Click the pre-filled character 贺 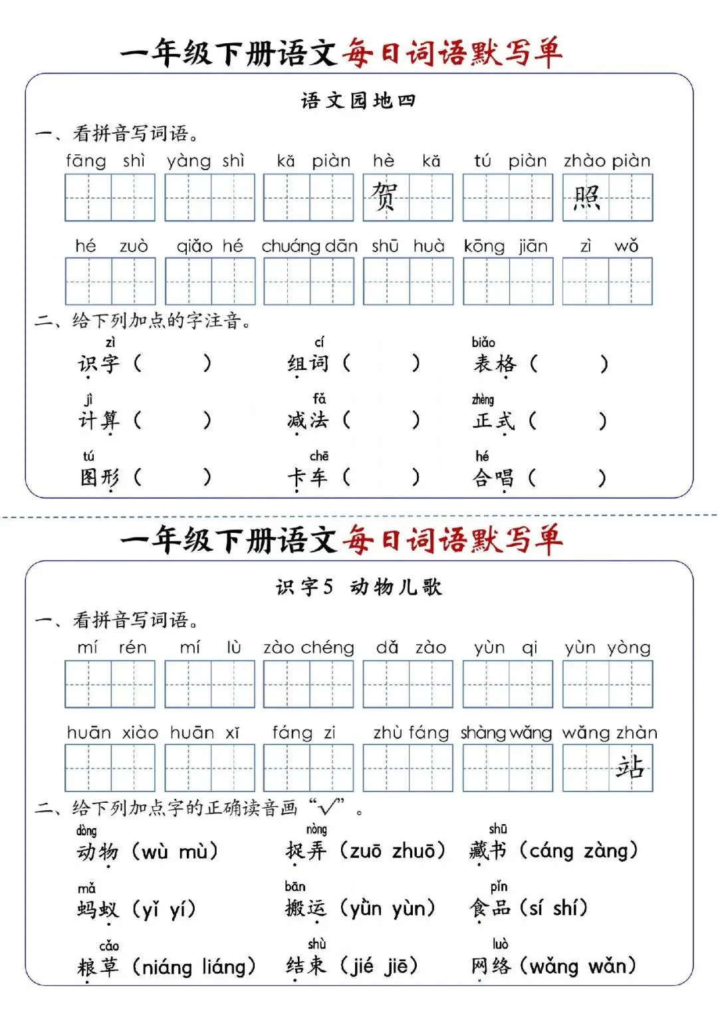384,197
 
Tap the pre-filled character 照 586,198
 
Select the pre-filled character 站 630,767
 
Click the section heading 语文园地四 358,101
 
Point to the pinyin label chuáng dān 309,246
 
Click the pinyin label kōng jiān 506,246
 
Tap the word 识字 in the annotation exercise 99,363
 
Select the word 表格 495,363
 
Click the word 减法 308,420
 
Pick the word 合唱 493,478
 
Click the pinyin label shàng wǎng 506,733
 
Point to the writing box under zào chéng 308,684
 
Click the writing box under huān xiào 110,768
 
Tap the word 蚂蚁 98,909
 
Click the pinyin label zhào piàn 607,161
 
